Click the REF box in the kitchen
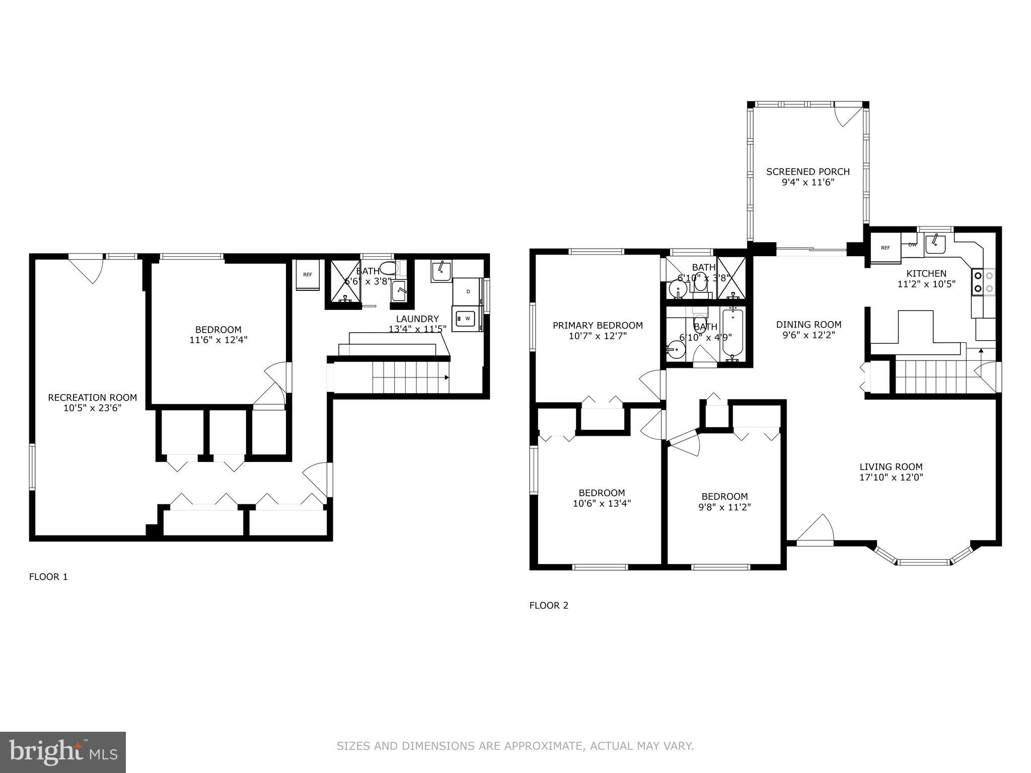[x=886, y=248]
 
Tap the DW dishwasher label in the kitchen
[x=912, y=245]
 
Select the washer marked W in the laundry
[x=467, y=319]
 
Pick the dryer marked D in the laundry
[x=468, y=291]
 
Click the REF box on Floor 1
[x=307, y=275]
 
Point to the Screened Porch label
[x=808, y=172]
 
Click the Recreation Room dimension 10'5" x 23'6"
[x=93, y=409]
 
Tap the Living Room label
[x=891, y=467]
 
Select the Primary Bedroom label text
[x=598, y=326]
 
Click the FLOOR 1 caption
[x=48, y=577]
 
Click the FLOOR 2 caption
[x=549, y=605]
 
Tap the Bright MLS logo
[x=63, y=752]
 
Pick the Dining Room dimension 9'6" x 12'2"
[x=808, y=335]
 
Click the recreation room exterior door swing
[x=87, y=269]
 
